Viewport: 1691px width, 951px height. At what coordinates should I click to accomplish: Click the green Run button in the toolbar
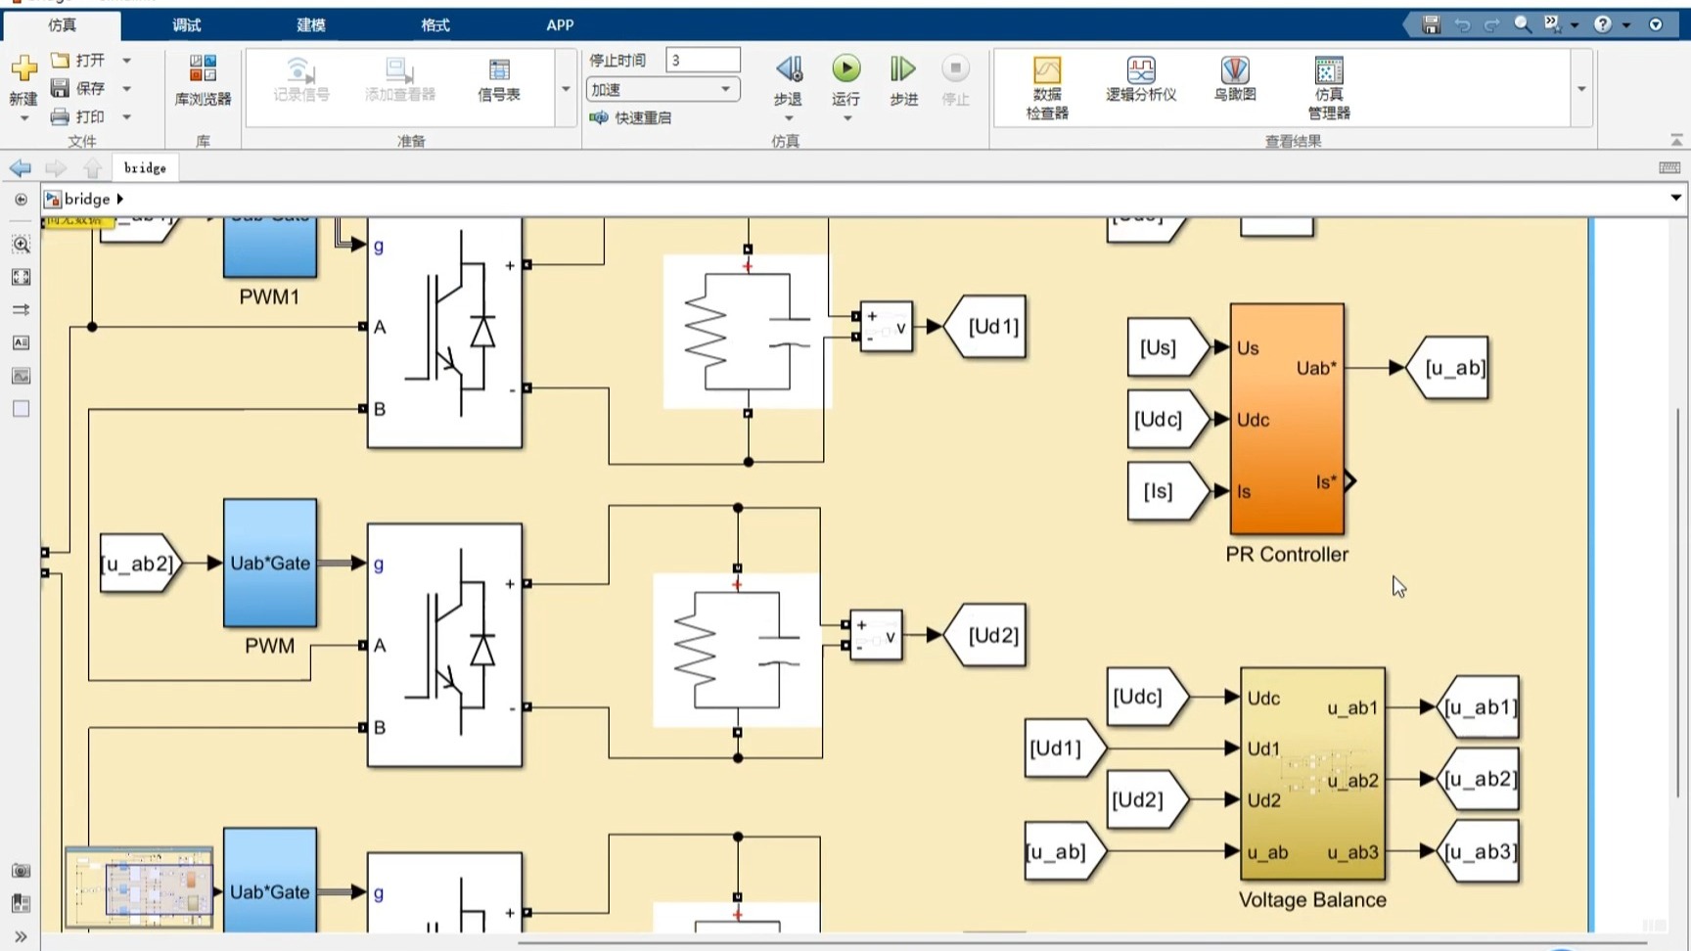coord(845,69)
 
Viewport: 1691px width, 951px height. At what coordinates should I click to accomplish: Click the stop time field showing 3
coord(702,61)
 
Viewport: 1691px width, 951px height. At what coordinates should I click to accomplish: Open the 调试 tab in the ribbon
coord(186,24)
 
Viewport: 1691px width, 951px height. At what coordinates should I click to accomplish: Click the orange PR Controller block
coord(1286,419)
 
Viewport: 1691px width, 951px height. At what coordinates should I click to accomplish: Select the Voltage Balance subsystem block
coord(1311,774)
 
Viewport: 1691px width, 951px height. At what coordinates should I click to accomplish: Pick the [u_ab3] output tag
coord(1481,852)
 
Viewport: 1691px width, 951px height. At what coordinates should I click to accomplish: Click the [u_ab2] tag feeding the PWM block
coord(138,564)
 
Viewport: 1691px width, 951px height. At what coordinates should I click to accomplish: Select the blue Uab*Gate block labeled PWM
coord(270,564)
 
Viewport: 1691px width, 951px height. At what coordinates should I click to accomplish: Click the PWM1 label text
coord(269,296)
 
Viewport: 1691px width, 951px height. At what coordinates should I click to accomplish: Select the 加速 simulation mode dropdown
coord(662,89)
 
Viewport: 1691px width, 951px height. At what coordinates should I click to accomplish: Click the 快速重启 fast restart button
coord(631,117)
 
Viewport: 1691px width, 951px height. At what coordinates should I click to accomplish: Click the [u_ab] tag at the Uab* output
coord(1451,368)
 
